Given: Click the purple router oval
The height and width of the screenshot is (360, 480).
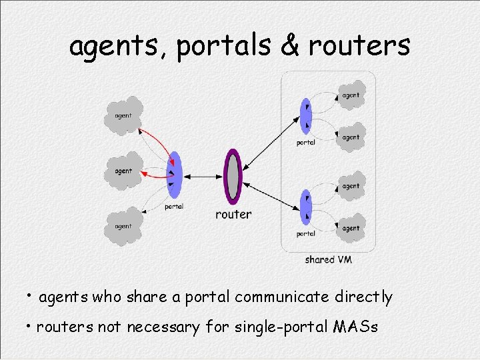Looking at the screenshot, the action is tap(232, 177).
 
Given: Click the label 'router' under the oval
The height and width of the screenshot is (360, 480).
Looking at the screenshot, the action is tap(233, 215).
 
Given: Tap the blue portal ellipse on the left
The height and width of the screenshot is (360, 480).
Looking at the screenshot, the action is tap(175, 175).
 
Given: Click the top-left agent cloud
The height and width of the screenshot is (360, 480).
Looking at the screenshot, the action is tap(124, 115).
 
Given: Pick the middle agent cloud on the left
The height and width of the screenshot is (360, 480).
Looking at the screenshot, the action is tap(124, 171).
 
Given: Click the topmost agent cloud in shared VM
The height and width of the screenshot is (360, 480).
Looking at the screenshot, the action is tap(351, 95).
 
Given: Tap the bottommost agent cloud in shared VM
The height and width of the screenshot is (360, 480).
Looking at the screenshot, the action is tap(351, 228).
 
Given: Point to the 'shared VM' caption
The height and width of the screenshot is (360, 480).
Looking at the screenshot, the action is tap(328, 259).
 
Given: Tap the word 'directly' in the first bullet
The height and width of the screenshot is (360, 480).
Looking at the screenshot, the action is tap(363, 297).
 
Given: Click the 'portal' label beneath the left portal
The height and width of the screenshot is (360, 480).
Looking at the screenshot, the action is tap(173, 207).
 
